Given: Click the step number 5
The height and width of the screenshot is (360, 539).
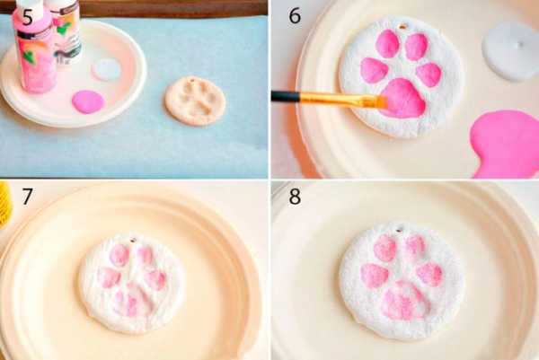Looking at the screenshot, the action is click(x=28, y=17).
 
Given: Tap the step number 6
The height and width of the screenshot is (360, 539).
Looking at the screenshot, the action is click(x=295, y=16).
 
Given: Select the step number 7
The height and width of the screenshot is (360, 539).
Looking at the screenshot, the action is click(x=28, y=197).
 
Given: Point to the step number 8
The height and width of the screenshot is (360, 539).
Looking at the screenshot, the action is click(x=295, y=197).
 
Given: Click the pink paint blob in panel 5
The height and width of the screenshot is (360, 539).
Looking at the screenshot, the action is click(x=88, y=101).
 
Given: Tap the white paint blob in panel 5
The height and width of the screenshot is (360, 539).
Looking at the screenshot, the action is click(x=106, y=69).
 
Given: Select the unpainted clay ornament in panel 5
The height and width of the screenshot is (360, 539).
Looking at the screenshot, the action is click(x=195, y=101).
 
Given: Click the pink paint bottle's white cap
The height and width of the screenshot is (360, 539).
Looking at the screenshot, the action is click(x=28, y=7).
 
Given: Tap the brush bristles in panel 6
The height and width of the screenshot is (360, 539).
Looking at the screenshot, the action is click(x=379, y=101).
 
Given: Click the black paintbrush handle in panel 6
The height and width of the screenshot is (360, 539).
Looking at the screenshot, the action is click(x=287, y=96).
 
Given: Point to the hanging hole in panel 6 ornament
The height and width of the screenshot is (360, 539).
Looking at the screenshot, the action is click(x=402, y=26).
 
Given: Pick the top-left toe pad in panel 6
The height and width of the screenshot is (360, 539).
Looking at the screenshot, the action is click(x=387, y=44).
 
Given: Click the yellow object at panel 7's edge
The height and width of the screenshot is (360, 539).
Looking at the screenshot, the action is click(x=5, y=206).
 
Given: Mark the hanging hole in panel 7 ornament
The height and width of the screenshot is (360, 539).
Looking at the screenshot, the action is click(x=133, y=241).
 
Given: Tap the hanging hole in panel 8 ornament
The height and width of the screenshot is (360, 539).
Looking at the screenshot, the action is click(x=399, y=230).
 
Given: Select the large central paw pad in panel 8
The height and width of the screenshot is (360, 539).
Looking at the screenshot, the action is click(x=406, y=301).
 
